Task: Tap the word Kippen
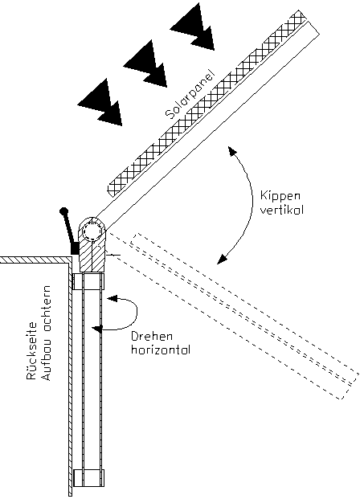pyautogui.click(x=280, y=197)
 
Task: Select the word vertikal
pyautogui.click(x=282, y=210)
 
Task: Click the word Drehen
pyautogui.click(x=152, y=337)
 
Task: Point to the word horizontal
pyautogui.click(x=161, y=350)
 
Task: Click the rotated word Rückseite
pyautogui.click(x=31, y=350)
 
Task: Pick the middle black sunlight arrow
pyautogui.click(x=146, y=63)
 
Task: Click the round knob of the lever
pyautogui.click(x=63, y=211)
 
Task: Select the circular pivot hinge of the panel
pyautogui.click(x=92, y=230)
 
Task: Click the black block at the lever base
pyautogui.click(x=75, y=248)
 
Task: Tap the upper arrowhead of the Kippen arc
pyautogui.click(x=233, y=151)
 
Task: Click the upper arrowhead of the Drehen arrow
pyautogui.click(x=112, y=299)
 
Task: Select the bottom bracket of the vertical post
pyautogui.click(x=88, y=478)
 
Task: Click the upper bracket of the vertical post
pyautogui.click(x=88, y=281)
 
